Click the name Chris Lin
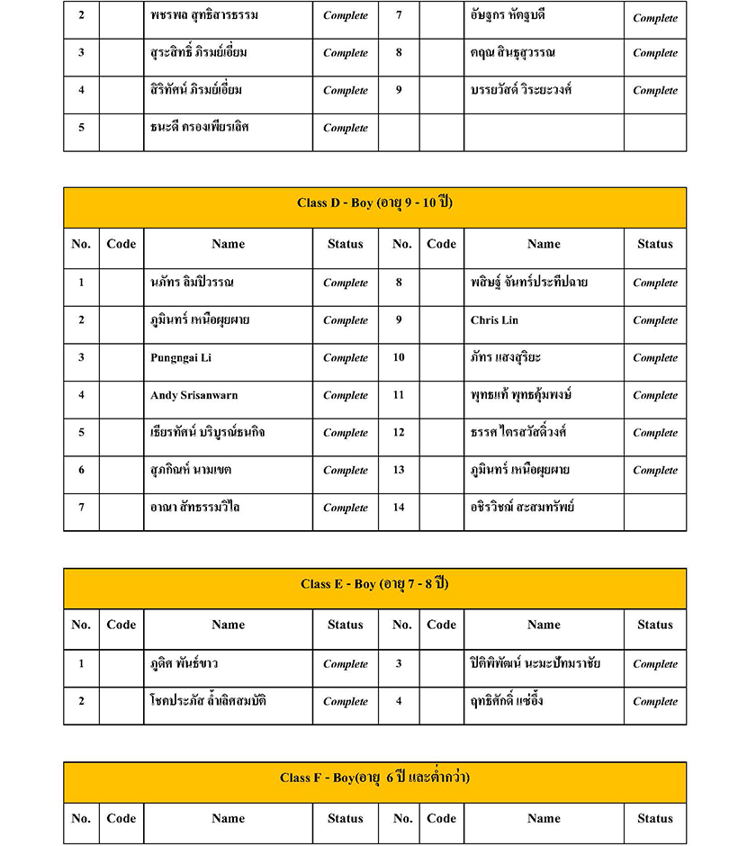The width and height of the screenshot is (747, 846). pyautogui.click(x=494, y=320)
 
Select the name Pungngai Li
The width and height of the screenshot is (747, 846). pyautogui.click(x=181, y=358)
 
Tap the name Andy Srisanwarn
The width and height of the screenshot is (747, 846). pyautogui.click(x=193, y=395)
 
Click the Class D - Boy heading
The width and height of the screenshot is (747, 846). pyautogui.click(x=374, y=203)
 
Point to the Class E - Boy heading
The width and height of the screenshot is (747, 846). pyautogui.click(x=374, y=584)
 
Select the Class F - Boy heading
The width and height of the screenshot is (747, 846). pyautogui.click(x=374, y=778)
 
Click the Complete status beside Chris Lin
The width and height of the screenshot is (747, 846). pyautogui.click(x=654, y=320)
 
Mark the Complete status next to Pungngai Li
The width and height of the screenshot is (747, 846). pyautogui.click(x=345, y=358)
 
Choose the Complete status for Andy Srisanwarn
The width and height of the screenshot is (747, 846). pyautogui.click(x=345, y=395)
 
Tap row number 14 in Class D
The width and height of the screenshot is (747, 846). pyautogui.click(x=399, y=508)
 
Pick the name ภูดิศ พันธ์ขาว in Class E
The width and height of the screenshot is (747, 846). pyautogui.click(x=184, y=664)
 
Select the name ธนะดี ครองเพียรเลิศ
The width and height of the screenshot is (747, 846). pyautogui.click(x=199, y=127)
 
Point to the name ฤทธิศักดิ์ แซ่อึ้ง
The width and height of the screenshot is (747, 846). pyautogui.click(x=507, y=701)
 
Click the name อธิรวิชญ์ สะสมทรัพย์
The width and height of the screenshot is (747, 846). pyautogui.click(x=522, y=508)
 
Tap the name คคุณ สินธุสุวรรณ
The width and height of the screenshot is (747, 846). pyautogui.click(x=512, y=52)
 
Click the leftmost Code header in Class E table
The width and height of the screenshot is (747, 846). pyautogui.click(x=121, y=625)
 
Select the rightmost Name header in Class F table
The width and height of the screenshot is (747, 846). pyautogui.click(x=544, y=818)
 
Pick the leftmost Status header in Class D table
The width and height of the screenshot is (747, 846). pyautogui.click(x=345, y=244)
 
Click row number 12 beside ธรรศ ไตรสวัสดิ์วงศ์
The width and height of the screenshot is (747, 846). pyautogui.click(x=399, y=433)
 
